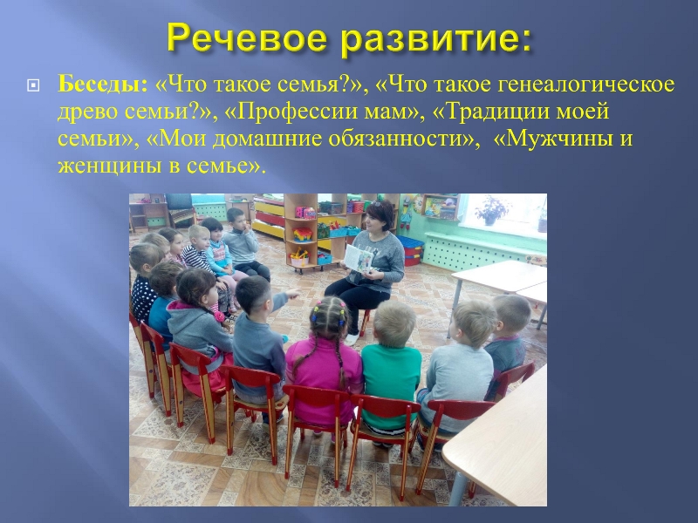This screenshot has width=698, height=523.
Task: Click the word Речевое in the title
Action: pos(247,38)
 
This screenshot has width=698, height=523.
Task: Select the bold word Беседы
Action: pos(102,84)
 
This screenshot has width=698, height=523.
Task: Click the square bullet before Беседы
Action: pos(33,85)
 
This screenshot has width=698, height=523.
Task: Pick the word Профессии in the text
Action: pos(293,112)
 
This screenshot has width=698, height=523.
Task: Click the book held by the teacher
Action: pos(359,258)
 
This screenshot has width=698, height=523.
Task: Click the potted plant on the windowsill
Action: pos(491,210)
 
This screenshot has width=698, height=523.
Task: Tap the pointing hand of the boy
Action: pos(292,294)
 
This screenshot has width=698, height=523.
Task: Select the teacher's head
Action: pos(380,214)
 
